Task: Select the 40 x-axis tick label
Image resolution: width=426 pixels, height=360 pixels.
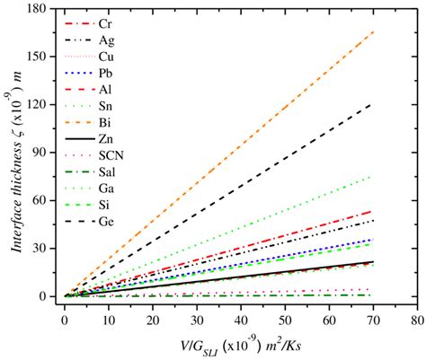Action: (x=240, y=318)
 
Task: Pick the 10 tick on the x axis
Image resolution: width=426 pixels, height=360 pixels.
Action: (x=108, y=318)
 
